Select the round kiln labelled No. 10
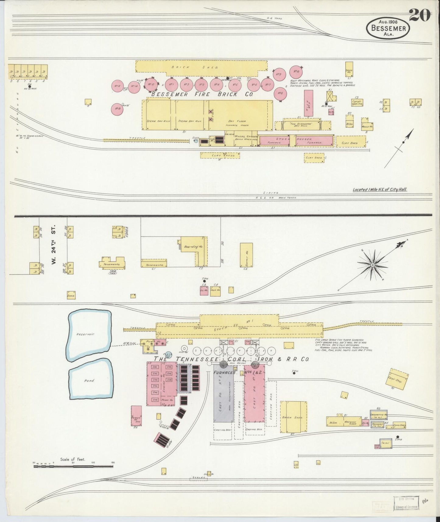pos(296,72)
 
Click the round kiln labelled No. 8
pos(280,93)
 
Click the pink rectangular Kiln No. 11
pos(309,103)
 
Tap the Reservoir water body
pos(89,334)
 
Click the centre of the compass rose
pos(372,265)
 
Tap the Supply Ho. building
pos(246,254)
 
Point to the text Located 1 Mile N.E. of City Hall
pos(380,189)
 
